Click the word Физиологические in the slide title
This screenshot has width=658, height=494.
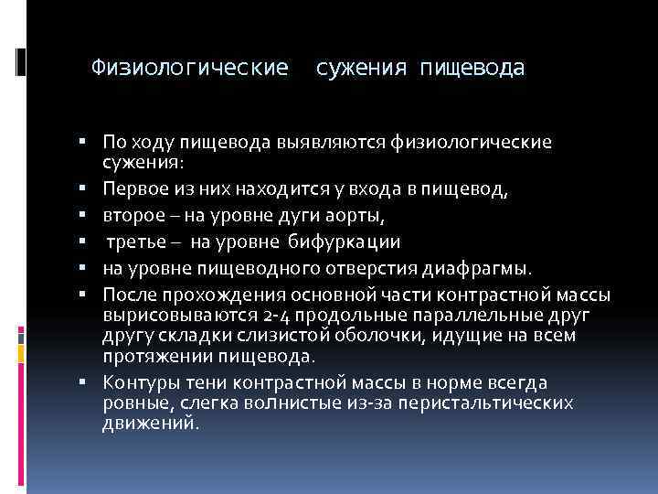pyautogui.click(x=190, y=68)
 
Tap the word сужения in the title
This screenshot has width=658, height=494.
pyautogui.click(x=362, y=68)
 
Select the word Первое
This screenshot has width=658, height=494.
pyautogui.click(x=133, y=188)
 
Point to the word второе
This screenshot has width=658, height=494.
pyautogui.click(x=133, y=215)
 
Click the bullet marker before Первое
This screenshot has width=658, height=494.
pyautogui.click(x=83, y=188)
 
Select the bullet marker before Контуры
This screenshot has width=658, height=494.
pyautogui.click(x=83, y=383)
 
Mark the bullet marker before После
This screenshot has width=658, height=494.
pyautogui.click(x=83, y=295)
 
